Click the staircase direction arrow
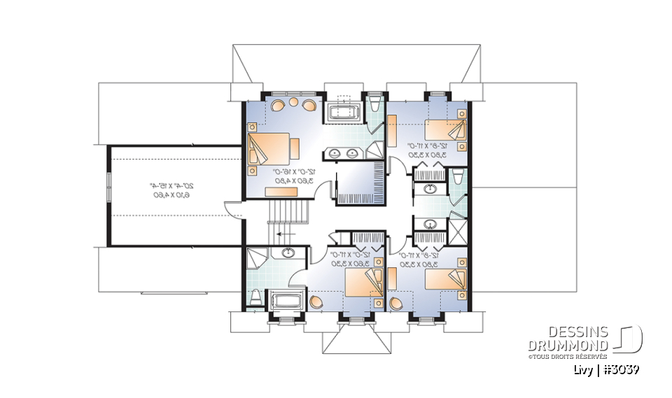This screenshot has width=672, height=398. coord(284,235)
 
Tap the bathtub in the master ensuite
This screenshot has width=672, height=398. coord(342,113)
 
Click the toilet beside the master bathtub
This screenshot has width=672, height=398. coord(374,106)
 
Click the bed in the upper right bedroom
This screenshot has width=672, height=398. coord(444,130)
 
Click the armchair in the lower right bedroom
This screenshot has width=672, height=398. coord(398,304)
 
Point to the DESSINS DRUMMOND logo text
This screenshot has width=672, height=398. coord(568,339)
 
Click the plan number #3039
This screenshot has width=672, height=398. coord(619,369)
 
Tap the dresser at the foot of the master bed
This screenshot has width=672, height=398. coord(295,149)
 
